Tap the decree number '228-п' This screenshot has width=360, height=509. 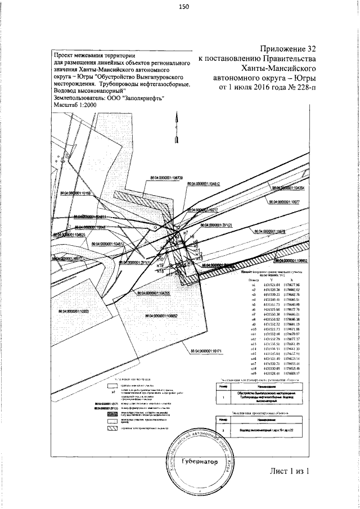click(301, 88)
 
